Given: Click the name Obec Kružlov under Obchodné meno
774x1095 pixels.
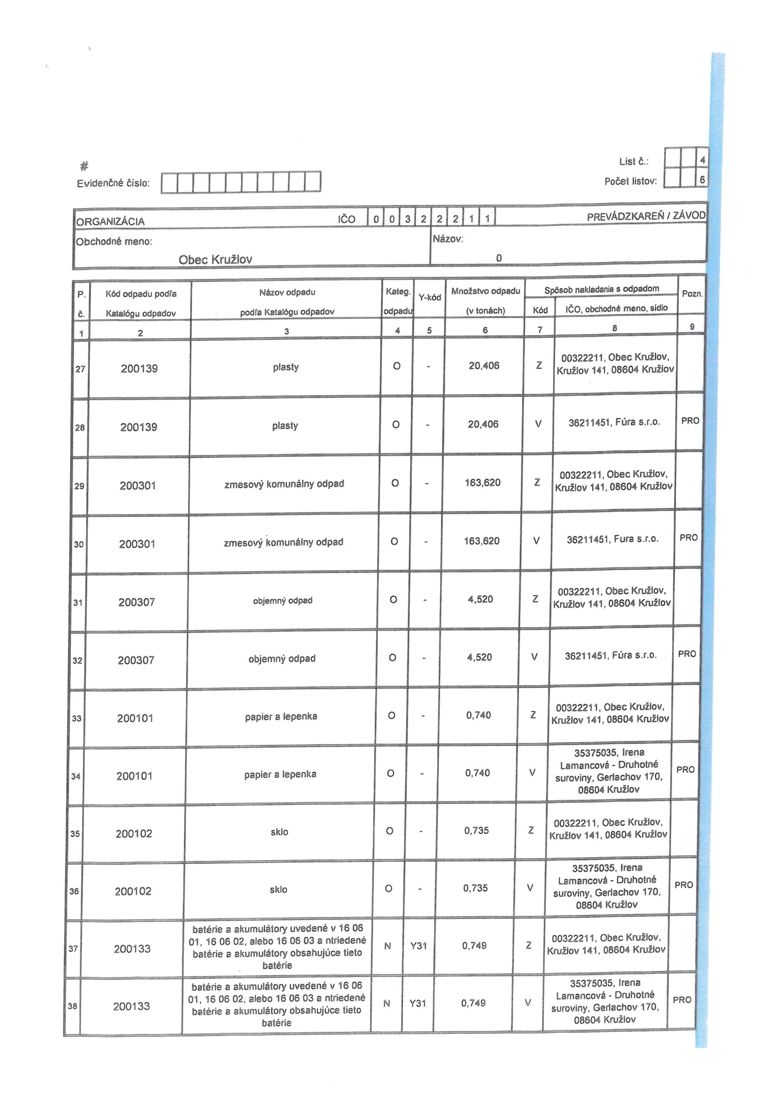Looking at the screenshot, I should (215, 260).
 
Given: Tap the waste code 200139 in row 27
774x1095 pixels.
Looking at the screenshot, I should (139, 368).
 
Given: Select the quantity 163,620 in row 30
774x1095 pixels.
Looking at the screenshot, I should (482, 541).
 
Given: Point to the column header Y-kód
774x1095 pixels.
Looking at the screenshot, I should (429, 298).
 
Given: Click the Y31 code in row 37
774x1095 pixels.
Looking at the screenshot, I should (418, 945).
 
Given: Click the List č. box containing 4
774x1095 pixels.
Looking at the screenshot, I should (702, 161).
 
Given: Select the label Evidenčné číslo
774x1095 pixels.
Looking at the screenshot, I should (113, 183).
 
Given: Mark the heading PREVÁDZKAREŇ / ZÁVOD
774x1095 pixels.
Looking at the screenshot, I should (646, 216).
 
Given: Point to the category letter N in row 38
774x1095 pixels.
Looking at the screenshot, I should (387, 1003).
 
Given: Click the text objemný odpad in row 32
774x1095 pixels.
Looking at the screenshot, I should (282, 659).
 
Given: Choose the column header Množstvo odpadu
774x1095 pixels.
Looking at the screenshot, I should (485, 291).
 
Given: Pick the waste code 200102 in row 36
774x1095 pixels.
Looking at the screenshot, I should (133, 891).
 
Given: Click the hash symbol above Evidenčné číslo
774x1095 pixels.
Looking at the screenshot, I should (84, 166).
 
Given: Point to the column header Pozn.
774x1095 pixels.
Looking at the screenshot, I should (691, 294).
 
